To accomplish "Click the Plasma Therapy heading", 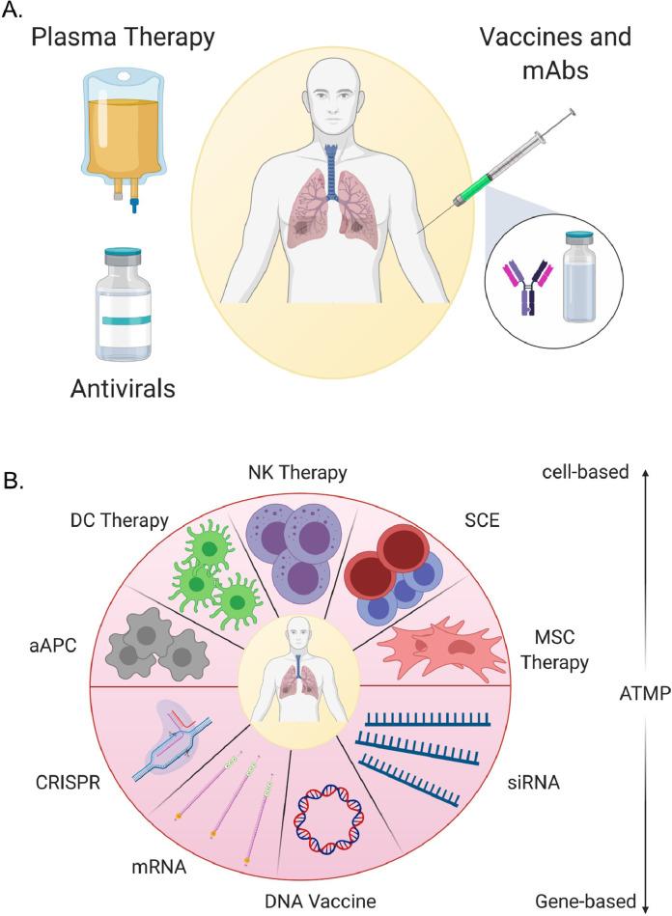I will click(122, 40).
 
